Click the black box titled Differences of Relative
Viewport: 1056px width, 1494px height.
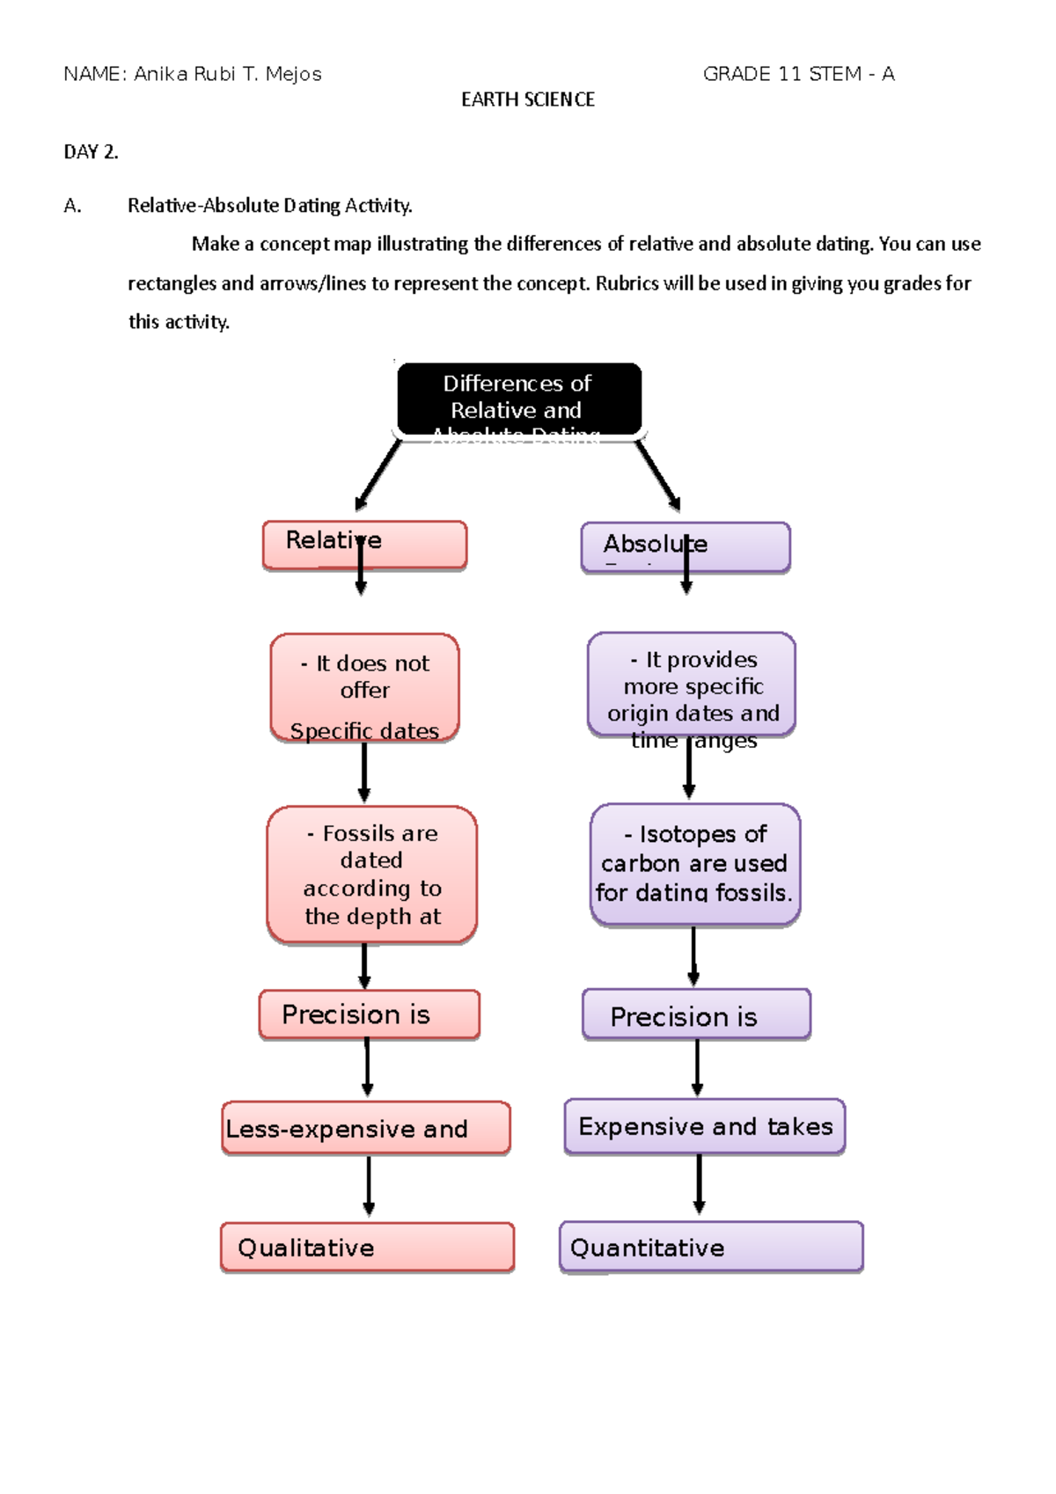pyautogui.click(x=518, y=398)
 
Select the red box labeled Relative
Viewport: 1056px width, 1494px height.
pyautogui.click(x=364, y=545)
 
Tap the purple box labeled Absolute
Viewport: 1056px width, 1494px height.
pyautogui.click(x=685, y=546)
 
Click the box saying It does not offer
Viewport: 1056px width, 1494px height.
pyautogui.click(x=364, y=687)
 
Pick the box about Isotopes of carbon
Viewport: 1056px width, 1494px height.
pyautogui.click(x=694, y=863)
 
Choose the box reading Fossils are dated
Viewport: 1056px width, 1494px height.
pyautogui.click(x=371, y=874)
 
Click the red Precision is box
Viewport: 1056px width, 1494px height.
pyautogui.click(x=369, y=1014)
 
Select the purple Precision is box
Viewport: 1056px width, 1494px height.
pyautogui.click(x=695, y=1014)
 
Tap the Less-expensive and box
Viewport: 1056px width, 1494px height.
pyautogui.click(x=365, y=1127)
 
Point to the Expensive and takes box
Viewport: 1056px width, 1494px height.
pyautogui.click(x=704, y=1125)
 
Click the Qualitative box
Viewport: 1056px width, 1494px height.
pyautogui.click(x=367, y=1247)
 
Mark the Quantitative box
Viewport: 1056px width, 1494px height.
pyautogui.click(x=710, y=1246)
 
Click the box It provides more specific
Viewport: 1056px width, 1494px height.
pyautogui.click(x=691, y=685)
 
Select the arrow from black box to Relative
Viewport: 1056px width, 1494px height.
pyautogui.click(x=378, y=475)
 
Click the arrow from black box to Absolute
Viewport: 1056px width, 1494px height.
pyautogui.click(x=658, y=475)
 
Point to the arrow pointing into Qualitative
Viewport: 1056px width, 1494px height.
pyautogui.click(x=369, y=1186)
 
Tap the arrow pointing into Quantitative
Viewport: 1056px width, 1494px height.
pyautogui.click(x=699, y=1184)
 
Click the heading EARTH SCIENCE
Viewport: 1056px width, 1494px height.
pyautogui.click(x=528, y=99)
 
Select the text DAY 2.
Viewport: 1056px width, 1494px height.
pyautogui.click(x=91, y=151)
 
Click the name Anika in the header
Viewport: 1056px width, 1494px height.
pyautogui.click(x=160, y=74)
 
